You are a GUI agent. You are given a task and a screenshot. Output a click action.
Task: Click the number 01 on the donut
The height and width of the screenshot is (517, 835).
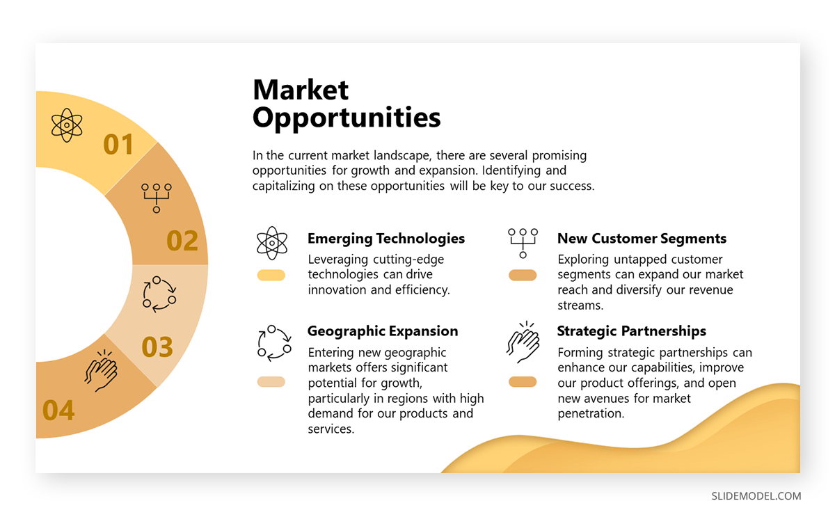118,144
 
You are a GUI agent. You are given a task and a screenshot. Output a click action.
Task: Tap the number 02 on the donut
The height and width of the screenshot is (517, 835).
182,241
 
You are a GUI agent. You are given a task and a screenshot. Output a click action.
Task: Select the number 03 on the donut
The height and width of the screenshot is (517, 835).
157,347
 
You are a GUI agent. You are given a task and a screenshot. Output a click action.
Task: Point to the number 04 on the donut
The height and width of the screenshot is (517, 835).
58,411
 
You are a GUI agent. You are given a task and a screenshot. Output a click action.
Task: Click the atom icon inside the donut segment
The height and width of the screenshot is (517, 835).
67,125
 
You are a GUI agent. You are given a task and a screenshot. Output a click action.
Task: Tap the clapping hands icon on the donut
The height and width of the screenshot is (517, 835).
101,370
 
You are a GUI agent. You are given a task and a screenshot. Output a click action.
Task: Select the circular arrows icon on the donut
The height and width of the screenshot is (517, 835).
159,294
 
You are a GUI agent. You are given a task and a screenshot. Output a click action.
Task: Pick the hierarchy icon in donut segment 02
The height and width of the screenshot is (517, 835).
157,198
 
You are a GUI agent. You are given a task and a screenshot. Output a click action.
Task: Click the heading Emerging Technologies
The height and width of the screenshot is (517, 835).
386,239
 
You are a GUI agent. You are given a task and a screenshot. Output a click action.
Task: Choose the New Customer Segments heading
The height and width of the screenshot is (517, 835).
642,239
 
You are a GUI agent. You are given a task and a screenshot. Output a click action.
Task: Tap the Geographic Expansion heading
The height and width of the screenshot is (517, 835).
383,331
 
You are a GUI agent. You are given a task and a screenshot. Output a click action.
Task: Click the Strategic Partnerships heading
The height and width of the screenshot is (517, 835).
632,331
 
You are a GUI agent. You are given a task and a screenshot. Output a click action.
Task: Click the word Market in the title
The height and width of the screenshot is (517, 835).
301,90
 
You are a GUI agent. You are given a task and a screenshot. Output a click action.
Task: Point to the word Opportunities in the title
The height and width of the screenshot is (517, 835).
347,118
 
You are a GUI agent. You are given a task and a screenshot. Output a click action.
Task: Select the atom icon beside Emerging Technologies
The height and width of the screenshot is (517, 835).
272,243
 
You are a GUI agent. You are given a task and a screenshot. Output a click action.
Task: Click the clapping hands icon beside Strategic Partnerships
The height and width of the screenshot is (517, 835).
523,342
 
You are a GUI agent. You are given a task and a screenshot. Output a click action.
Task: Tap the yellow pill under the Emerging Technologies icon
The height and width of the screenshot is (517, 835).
271,275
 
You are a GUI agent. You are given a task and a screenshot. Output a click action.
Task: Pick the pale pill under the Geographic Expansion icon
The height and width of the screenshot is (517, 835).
271,382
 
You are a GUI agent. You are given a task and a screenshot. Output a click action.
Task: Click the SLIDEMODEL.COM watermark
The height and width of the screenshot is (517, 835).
756,496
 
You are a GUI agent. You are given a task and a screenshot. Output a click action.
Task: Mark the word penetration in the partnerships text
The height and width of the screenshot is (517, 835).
591,413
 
